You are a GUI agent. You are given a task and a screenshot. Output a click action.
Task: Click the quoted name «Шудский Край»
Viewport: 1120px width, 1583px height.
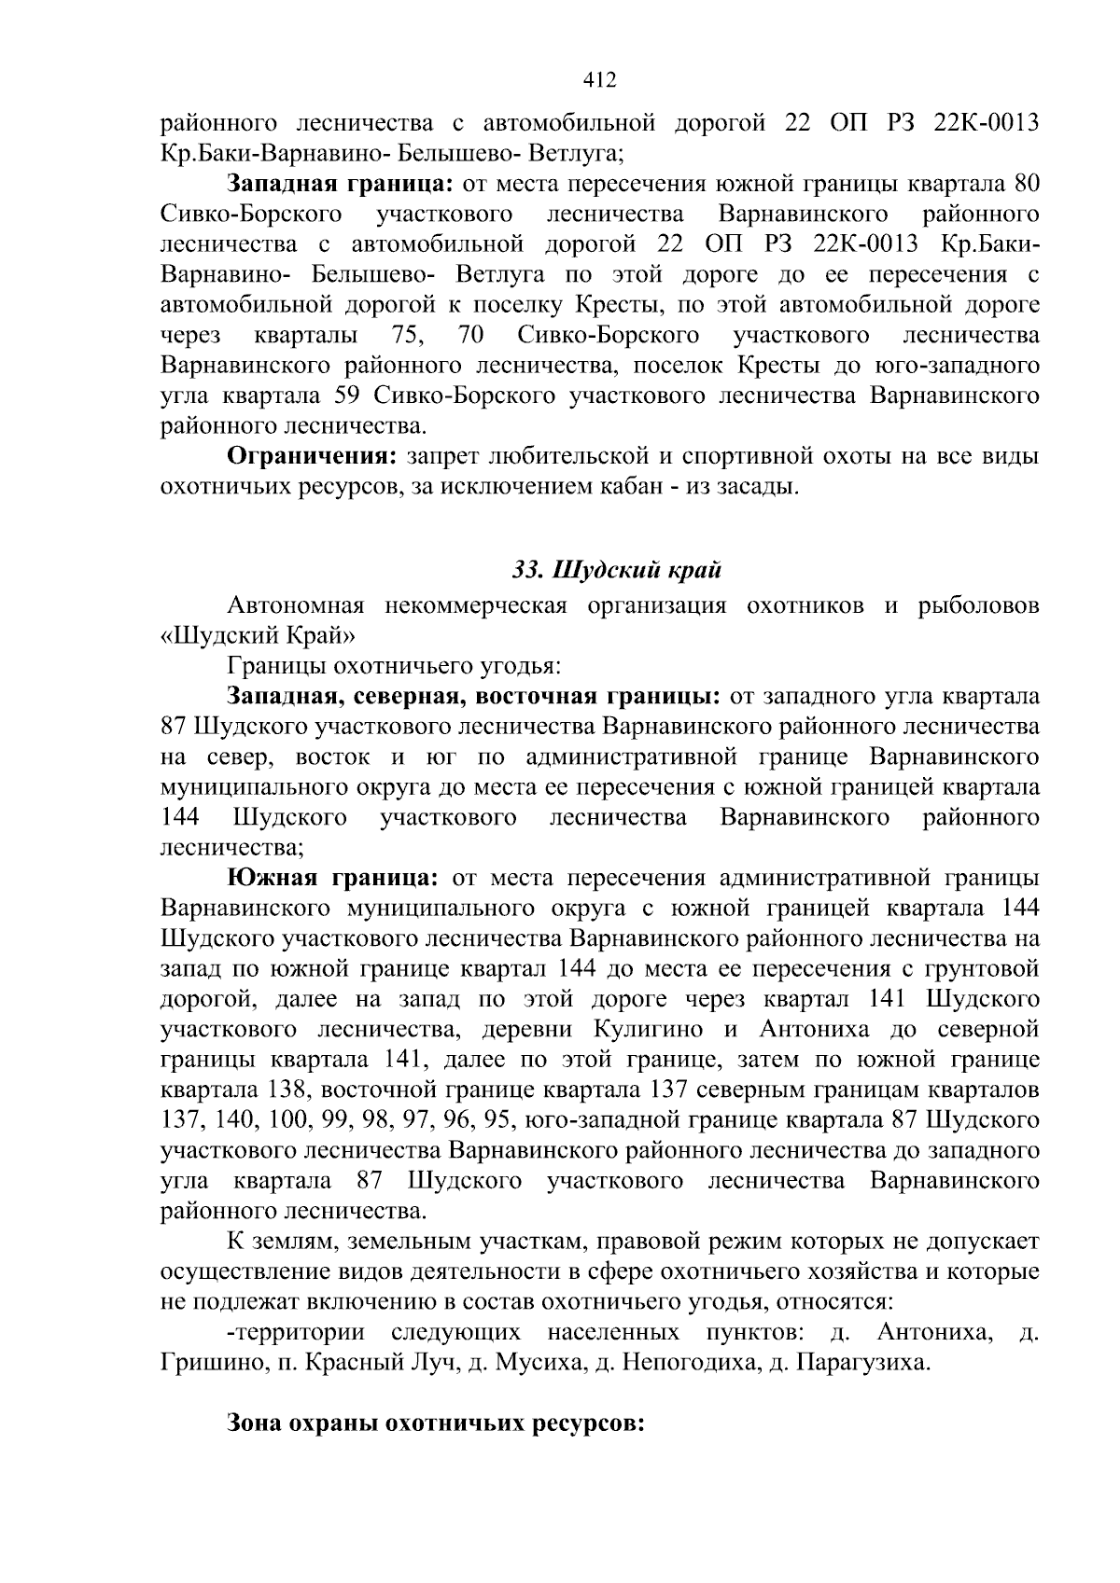[x=259, y=636]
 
